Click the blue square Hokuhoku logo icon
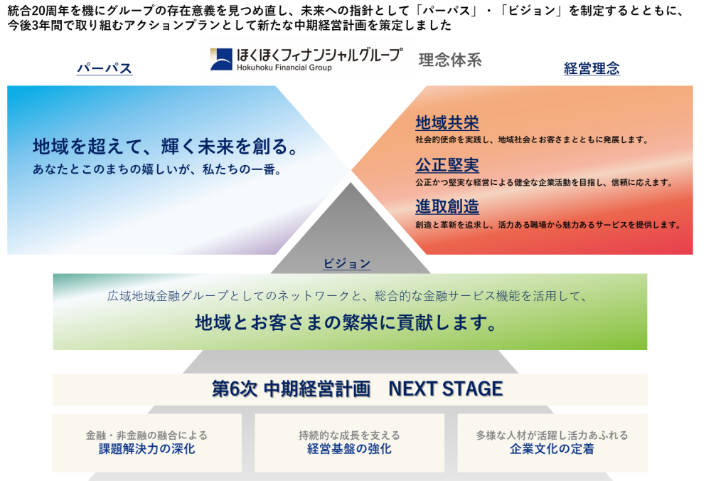coord(221,60)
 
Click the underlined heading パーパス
coord(105,68)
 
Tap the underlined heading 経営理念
coord(592,68)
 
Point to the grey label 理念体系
coord(450,60)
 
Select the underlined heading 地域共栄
coord(447,122)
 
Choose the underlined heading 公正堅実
coord(447,165)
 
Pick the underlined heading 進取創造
coord(447,207)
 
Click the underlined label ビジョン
coord(347,264)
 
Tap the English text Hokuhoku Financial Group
coord(284,68)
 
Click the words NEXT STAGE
coord(446,389)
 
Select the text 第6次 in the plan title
coord(235,389)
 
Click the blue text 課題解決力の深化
coord(147,449)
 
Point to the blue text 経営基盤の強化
coord(349,449)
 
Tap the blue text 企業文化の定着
coord(552,449)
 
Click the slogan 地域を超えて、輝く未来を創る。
coord(166,147)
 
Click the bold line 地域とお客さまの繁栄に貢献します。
coord(347,322)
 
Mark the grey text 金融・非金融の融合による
coord(146,435)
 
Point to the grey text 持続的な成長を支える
coord(349,435)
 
